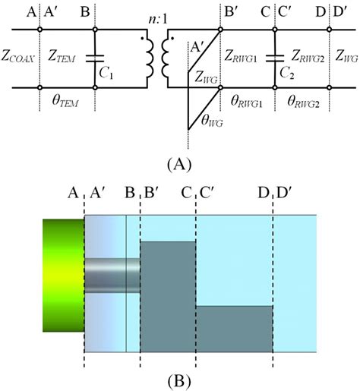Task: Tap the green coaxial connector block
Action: click(x=63, y=275)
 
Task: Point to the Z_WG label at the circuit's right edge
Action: click(x=345, y=58)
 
